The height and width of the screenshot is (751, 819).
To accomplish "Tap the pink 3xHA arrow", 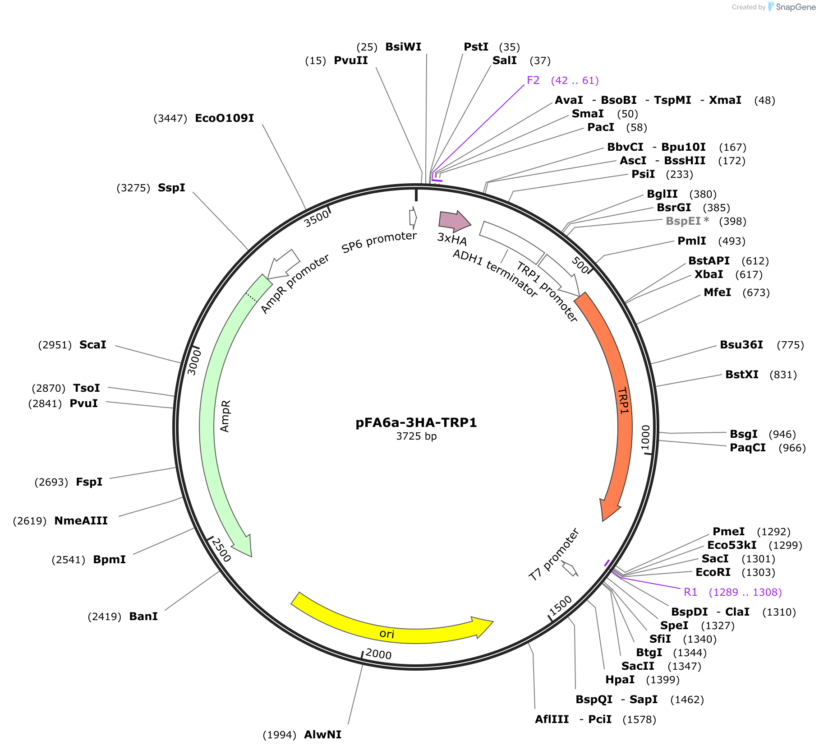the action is pyautogui.click(x=455, y=220).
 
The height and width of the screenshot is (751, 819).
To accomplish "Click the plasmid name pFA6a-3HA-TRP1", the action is pyautogui.click(x=416, y=422).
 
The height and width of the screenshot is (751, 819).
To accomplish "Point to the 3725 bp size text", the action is pyautogui.click(x=416, y=436).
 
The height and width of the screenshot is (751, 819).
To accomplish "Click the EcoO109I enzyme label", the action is pyautogui.click(x=224, y=118).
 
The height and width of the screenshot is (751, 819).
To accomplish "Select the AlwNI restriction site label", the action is pyautogui.click(x=322, y=735).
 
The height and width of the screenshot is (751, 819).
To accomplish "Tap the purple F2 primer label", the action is pyautogui.click(x=533, y=80).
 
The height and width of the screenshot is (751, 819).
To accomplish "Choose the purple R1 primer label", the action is pyautogui.click(x=690, y=592).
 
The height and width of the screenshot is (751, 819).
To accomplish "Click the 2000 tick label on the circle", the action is pyautogui.click(x=378, y=654).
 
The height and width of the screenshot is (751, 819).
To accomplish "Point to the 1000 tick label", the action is pyautogui.click(x=645, y=437).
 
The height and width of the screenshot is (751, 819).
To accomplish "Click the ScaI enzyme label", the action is pyautogui.click(x=92, y=345).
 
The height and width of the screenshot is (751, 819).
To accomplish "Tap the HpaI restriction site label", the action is pyautogui.click(x=620, y=680).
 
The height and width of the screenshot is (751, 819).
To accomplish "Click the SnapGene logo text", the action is pyautogui.click(x=796, y=7).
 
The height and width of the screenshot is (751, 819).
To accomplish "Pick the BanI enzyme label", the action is pyautogui.click(x=143, y=617).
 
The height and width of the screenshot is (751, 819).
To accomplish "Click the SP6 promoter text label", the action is pyautogui.click(x=379, y=242).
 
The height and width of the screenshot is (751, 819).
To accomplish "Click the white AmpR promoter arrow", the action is pyautogui.click(x=283, y=264).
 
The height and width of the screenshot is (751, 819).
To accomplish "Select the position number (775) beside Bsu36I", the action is pyautogui.click(x=790, y=345).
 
